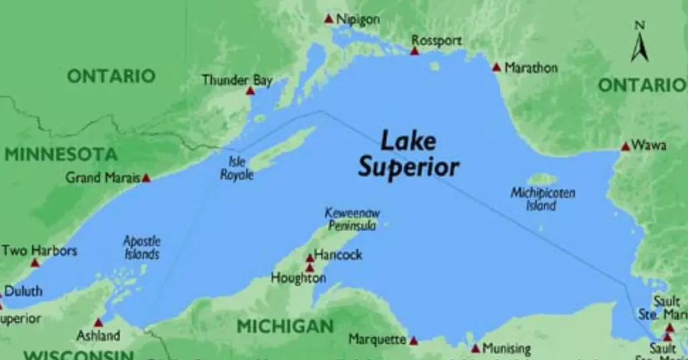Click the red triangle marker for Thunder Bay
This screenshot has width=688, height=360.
coord(250,91)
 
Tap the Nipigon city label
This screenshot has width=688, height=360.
coord(357,19)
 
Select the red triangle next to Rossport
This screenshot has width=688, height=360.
coord(415,51)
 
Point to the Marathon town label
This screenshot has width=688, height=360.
coord(531,67)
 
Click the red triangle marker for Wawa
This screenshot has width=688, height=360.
coord(626,146)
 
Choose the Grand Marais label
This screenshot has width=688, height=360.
coord(103,178)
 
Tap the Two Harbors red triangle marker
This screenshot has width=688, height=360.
coord(35,263)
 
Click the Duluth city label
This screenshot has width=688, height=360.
coord(24,291)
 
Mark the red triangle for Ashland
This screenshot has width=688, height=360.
coord(99,322)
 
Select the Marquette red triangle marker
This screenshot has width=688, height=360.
coord(413,341)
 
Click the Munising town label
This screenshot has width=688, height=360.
coord(506,349)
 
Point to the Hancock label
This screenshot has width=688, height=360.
coord(338,255)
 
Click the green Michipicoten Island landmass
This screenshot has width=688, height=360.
coord(542,179)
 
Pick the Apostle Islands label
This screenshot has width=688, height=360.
coord(142,247)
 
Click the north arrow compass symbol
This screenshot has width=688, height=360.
coord(640,44)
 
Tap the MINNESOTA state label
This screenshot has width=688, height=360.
coord(61,154)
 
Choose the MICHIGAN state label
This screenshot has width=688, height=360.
coord(285,327)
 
